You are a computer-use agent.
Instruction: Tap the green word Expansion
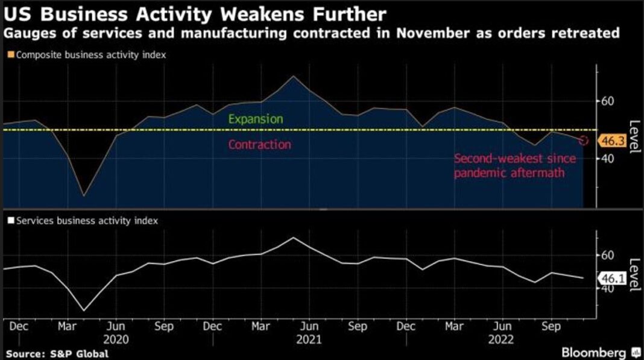[x=256, y=119]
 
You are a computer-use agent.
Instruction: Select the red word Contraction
[x=259, y=145]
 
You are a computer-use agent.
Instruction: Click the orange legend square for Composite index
[x=10, y=55]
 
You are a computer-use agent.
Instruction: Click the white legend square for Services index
[x=10, y=221]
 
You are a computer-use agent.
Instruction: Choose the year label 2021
[x=309, y=339]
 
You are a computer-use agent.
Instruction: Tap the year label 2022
[x=502, y=339]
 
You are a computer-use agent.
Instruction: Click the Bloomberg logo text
[x=595, y=352]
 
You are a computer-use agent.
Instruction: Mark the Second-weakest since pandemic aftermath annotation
[x=514, y=165]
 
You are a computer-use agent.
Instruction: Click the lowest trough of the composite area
[x=83, y=196]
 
